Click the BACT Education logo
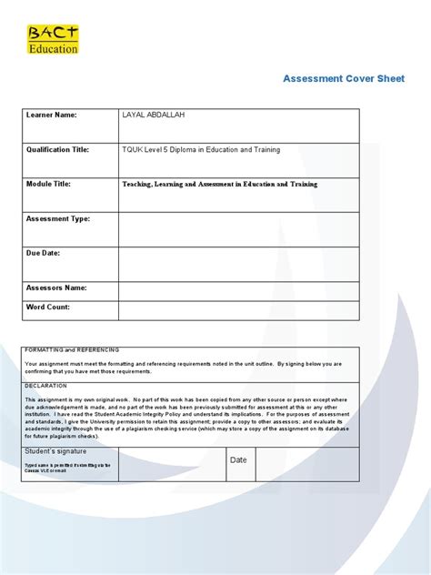click(53, 40)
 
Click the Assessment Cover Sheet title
click(344, 78)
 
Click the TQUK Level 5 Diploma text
click(201, 149)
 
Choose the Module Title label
click(51, 184)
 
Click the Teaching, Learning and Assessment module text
click(220, 184)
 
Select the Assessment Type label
click(58, 218)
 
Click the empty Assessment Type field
click(238, 228)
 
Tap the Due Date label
click(44, 253)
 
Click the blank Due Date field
click(238, 263)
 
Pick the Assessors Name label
click(56, 287)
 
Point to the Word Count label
click(48, 307)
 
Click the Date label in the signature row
click(238, 460)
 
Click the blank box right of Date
click(306, 463)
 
